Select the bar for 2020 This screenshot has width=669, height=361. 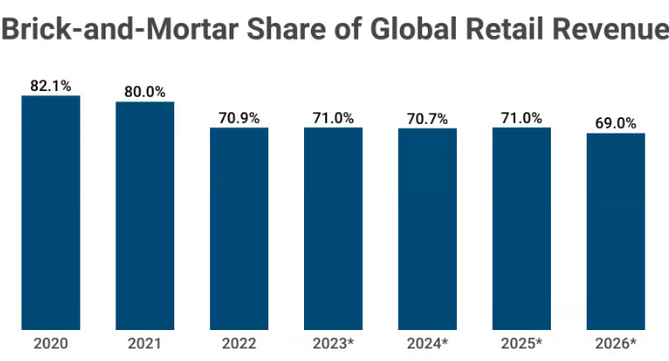pos(51,212)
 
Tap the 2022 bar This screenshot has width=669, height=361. pos(239,228)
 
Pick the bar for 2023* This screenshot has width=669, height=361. pos(333,228)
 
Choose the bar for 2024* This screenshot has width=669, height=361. pos(427,228)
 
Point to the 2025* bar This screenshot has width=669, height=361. pos(522,228)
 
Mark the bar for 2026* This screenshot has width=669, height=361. pos(616,231)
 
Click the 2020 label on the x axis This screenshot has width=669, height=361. pos(51,344)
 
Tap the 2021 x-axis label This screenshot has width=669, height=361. pos(145,344)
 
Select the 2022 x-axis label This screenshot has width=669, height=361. pos(239,344)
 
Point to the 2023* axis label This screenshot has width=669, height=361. pos(333,344)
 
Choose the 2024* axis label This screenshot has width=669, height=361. pos(427,344)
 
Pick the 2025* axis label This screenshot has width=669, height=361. pos(522,344)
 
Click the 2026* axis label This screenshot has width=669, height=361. pos(616,344)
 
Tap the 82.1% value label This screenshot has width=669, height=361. pos(51,86)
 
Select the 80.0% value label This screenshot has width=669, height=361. pos(145,92)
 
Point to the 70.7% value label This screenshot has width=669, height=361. pos(427,118)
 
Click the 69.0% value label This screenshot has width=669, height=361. pos(616,123)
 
